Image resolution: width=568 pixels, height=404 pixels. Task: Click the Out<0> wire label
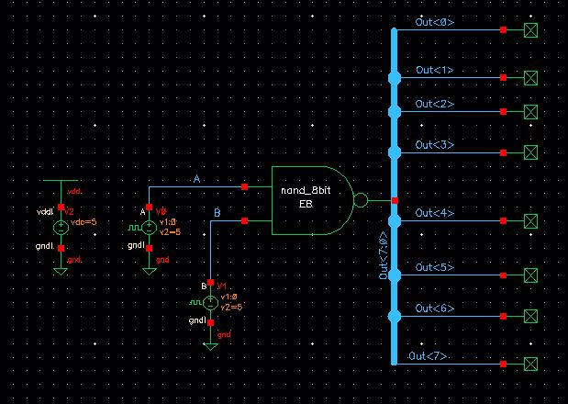click(434, 21)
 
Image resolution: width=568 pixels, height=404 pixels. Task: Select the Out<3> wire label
click(434, 145)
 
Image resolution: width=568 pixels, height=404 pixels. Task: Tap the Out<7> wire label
click(428, 355)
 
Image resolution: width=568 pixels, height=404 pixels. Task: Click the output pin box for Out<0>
click(530, 30)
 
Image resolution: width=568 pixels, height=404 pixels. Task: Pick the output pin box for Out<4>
click(530, 221)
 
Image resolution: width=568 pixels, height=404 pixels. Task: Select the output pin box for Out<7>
click(530, 365)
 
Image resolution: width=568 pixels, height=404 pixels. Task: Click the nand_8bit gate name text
click(305, 190)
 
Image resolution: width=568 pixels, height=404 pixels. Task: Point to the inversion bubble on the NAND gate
click(361, 200)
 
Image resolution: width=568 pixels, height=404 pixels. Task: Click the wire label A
click(196, 179)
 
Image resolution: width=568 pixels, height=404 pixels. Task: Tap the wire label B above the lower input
click(217, 213)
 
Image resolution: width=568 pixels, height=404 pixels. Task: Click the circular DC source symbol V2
click(61, 227)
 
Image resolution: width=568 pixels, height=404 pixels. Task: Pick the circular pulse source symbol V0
click(150, 226)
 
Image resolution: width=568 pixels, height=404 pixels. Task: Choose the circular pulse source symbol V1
click(211, 301)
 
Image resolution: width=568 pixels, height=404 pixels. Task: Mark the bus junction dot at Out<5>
click(395, 275)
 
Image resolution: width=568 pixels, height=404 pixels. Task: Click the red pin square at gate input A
click(244, 186)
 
